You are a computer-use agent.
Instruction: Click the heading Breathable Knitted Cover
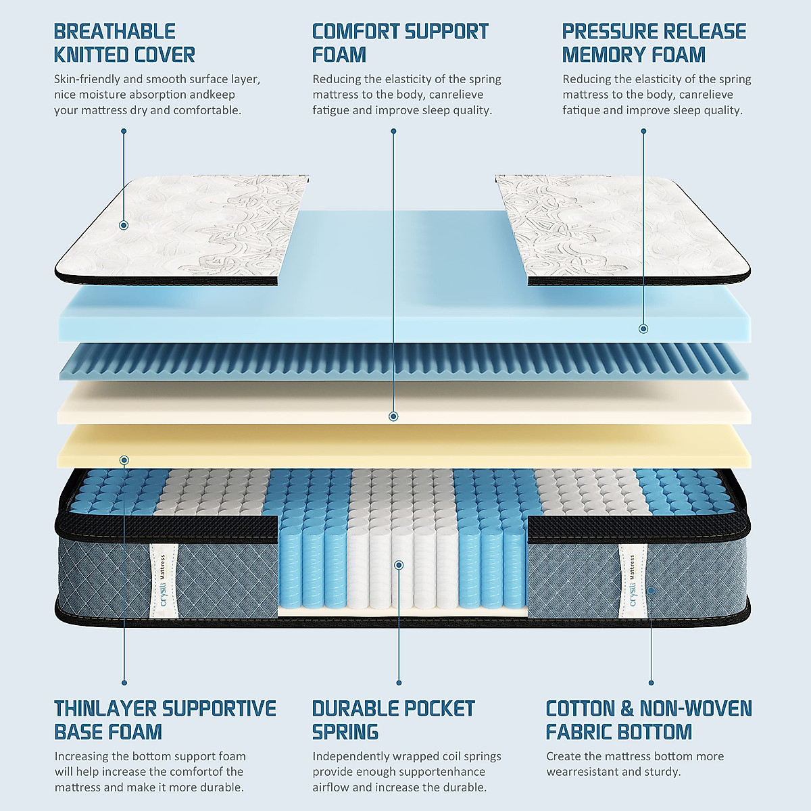click(x=124, y=43)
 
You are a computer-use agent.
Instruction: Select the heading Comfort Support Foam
click(x=399, y=43)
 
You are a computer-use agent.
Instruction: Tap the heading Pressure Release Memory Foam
click(x=654, y=43)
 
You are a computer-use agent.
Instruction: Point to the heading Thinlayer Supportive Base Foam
click(x=165, y=720)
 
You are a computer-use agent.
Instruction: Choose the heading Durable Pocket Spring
click(x=393, y=720)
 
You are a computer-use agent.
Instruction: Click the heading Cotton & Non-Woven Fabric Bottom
click(x=648, y=720)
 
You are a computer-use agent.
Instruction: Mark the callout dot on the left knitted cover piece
click(x=124, y=226)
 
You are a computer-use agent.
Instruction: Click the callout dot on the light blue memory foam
click(x=643, y=328)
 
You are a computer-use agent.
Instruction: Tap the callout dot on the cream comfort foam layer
click(x=394, y=416)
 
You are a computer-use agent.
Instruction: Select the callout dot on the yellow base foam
click(x=124, y=460)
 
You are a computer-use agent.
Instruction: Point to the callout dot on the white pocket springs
click(x=399, y=564)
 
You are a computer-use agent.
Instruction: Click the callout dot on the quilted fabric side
click(x=651, y=590)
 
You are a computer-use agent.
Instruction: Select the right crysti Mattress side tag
click(x=633, y=580)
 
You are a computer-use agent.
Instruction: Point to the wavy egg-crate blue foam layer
click(x=405, y=362)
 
